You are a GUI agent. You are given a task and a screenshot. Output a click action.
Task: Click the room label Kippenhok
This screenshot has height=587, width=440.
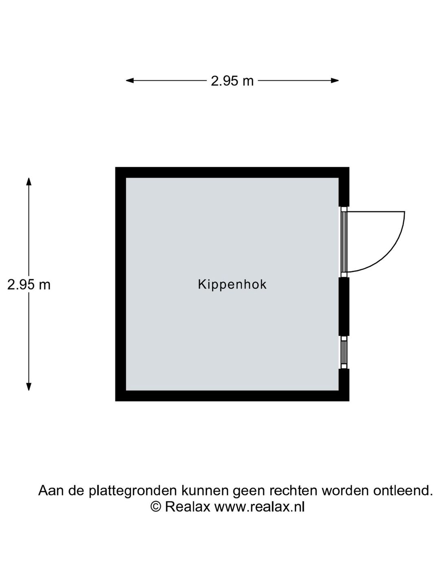tap(232, 285)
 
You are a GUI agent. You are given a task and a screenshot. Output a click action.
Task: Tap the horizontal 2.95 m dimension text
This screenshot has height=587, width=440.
tap(232, 81)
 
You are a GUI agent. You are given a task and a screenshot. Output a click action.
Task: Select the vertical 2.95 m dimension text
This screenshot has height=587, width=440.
tap(29, 285)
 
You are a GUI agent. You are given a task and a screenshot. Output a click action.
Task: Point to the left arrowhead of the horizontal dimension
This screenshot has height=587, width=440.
tap(130, 80)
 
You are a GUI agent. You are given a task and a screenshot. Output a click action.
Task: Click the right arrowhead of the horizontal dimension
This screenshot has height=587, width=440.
tap(335, 80)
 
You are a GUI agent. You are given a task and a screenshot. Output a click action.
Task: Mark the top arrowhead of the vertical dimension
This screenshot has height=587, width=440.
tap(29, 181)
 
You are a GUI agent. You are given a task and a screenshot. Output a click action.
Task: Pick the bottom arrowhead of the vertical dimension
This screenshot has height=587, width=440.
tap(29, 387)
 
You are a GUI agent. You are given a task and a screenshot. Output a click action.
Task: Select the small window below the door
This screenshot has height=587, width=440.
tap(344, 352)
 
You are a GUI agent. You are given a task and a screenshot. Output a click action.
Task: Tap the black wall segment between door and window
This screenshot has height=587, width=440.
tap(344, 307)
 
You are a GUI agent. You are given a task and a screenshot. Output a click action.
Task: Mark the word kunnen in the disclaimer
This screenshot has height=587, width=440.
tap(205, 490)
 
